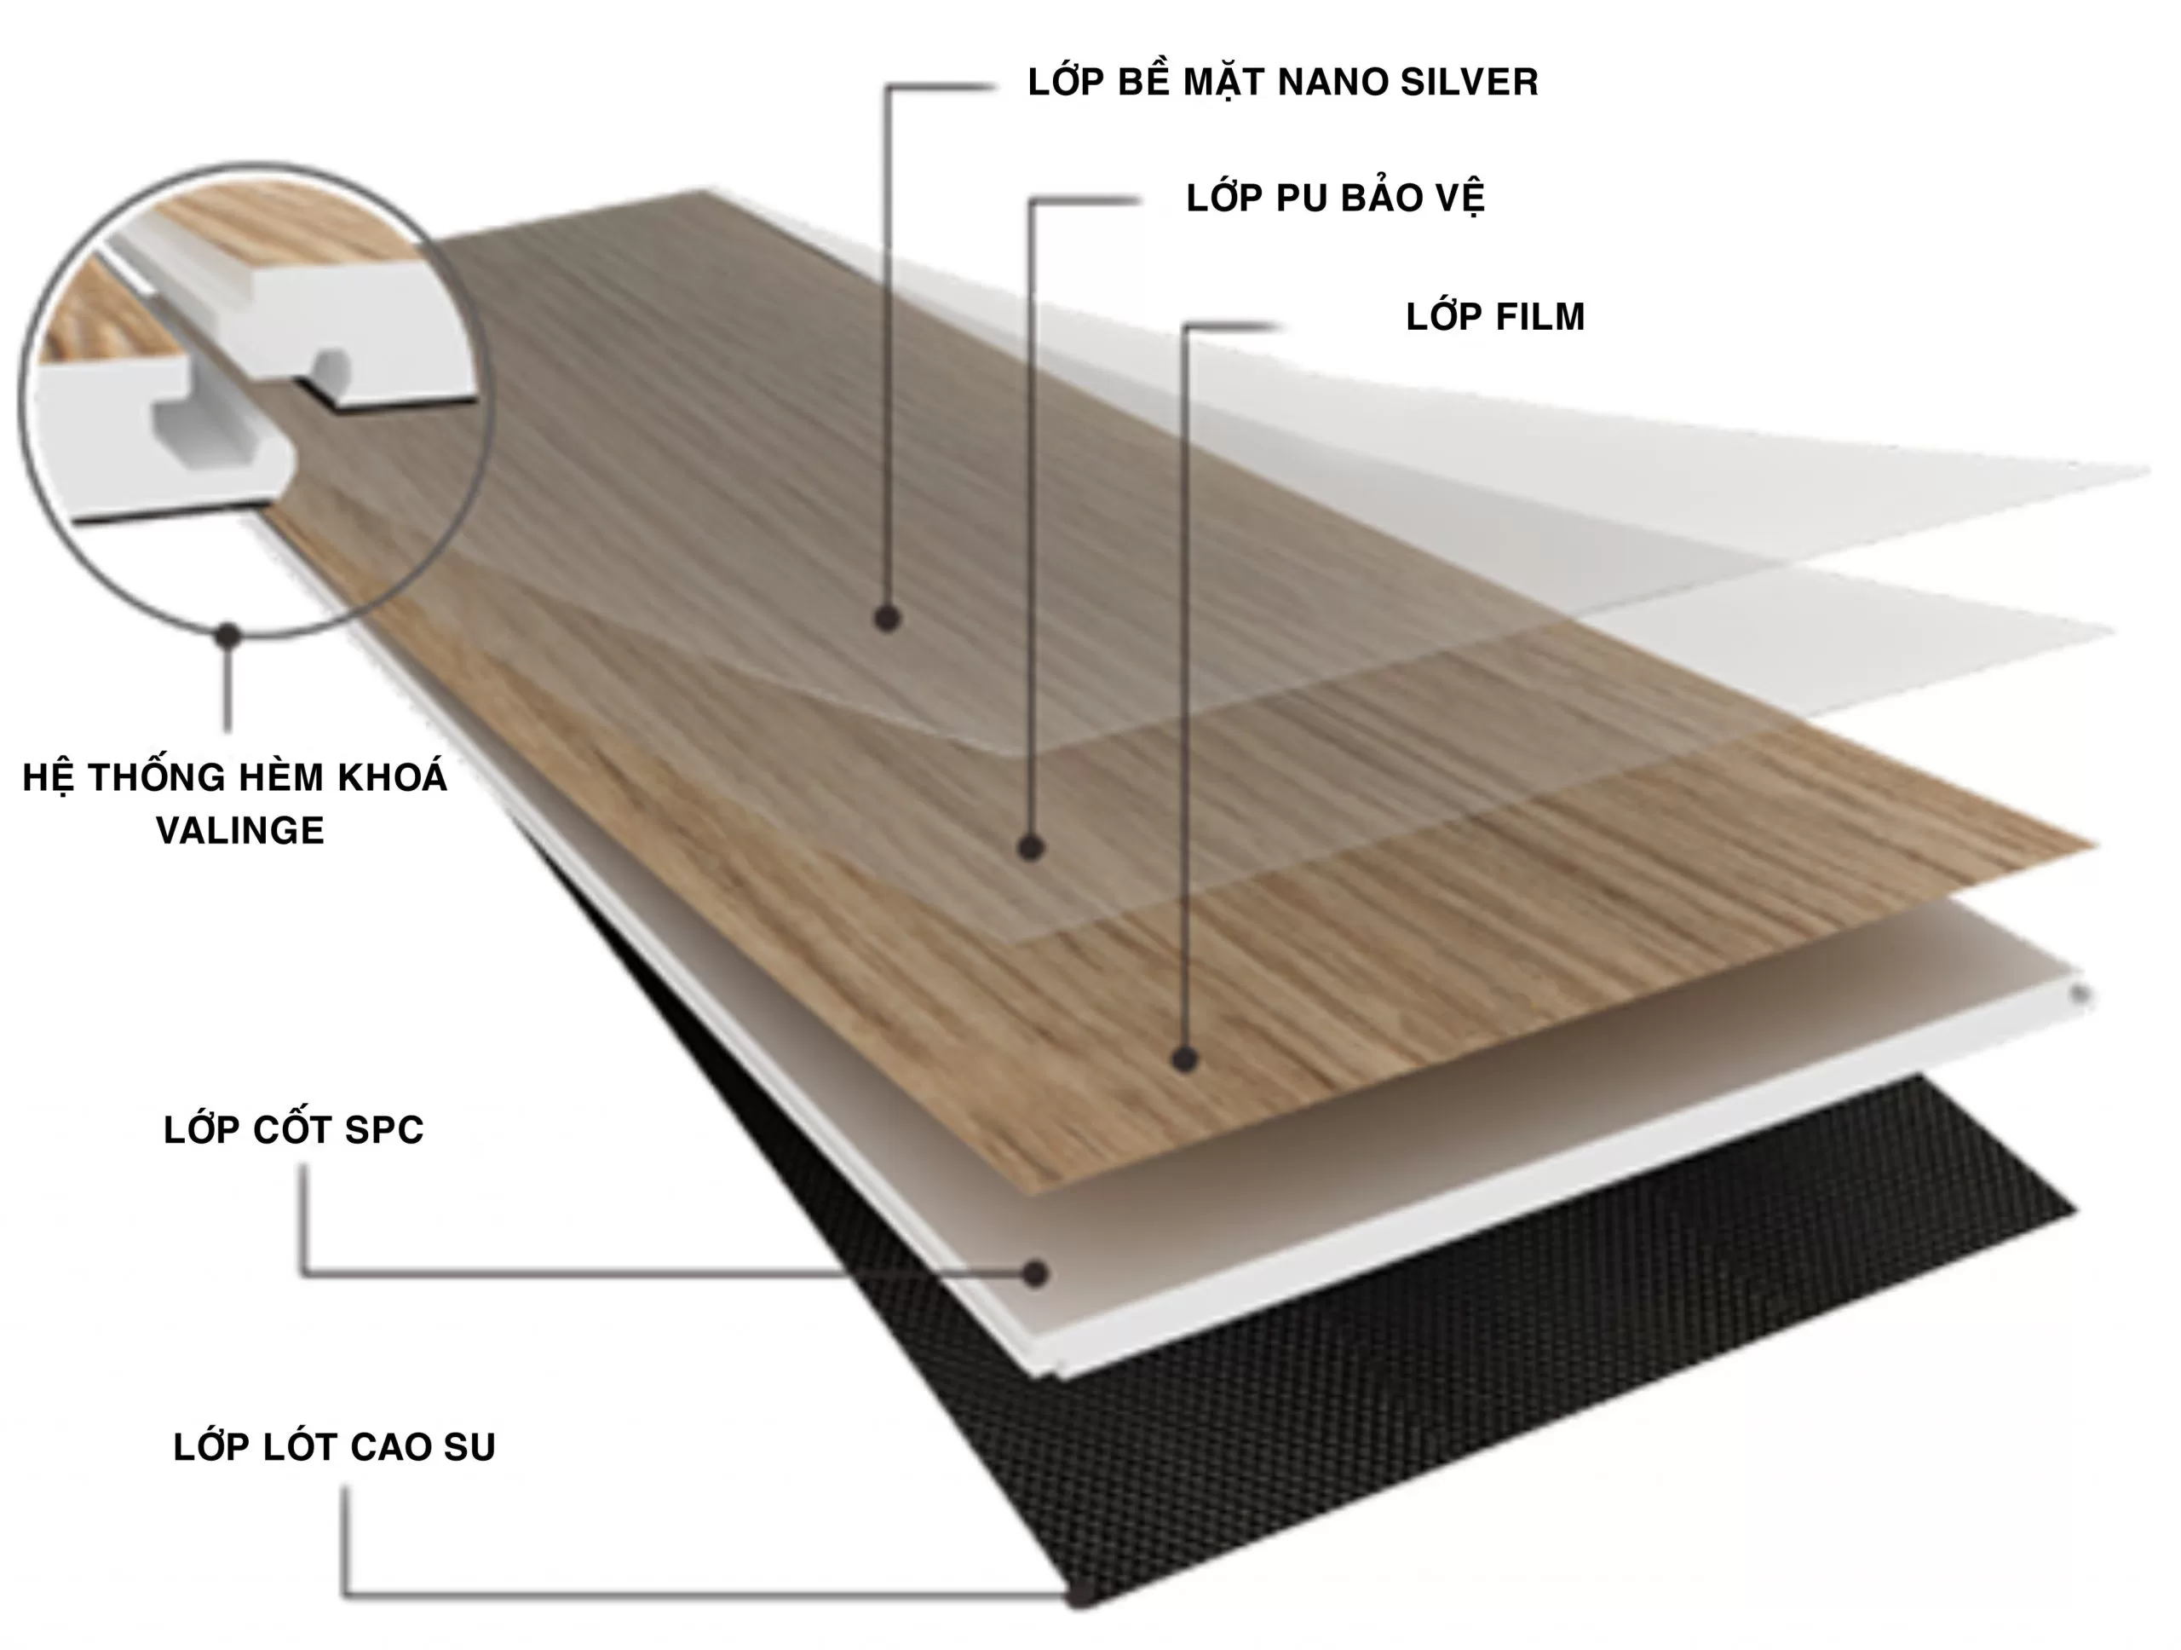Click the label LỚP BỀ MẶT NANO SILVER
coord(1283,81)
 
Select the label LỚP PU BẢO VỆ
coord(1335,197)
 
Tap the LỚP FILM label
coord(1495,315)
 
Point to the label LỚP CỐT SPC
coord(294,1128)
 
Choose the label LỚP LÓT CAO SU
coord(334,1447)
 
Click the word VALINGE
coord(239,830)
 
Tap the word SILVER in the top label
coord(1469,82)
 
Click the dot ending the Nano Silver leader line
coord(886,619)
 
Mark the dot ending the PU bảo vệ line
coord(1030,847)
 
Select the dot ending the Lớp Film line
coord(1184,1059)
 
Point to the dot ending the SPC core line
coord(1034,1273)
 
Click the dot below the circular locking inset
coord(228,636)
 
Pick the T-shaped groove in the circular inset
coord(217,429)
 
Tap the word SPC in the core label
coord(383,1129)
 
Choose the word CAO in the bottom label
coord(390,1447)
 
